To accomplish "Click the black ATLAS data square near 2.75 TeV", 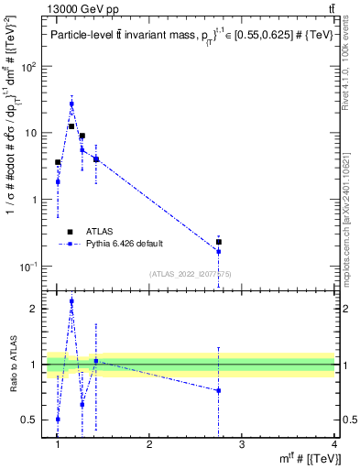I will click(218, 242).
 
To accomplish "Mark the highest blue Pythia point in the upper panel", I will click(71, 104).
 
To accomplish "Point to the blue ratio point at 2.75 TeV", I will click(218, 390).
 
